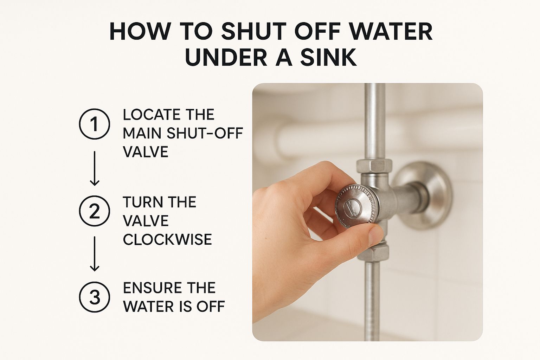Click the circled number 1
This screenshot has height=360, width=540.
[95, 124]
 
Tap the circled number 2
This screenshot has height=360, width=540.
[95, 211]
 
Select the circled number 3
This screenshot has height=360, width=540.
[95, 297]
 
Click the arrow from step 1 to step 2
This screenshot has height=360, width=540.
[95, 168]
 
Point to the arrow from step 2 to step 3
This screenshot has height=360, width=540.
[95, 254]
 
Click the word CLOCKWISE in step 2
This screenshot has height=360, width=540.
[167, 239]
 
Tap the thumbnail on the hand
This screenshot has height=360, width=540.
[376, 236]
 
